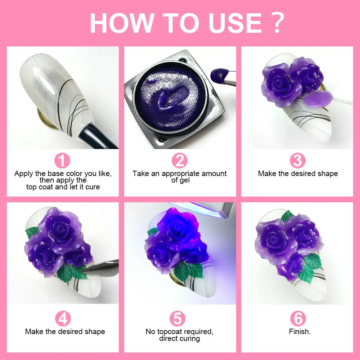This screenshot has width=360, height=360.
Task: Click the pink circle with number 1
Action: coord(62,161)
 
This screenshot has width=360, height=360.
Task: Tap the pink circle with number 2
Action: coord(179,161)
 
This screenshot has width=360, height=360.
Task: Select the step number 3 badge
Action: coord(297,161)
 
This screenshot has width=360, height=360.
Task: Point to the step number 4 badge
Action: coord(63,319)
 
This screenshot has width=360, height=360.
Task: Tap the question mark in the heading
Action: coord(277,24)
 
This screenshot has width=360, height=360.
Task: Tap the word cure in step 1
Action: coord(93,187)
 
